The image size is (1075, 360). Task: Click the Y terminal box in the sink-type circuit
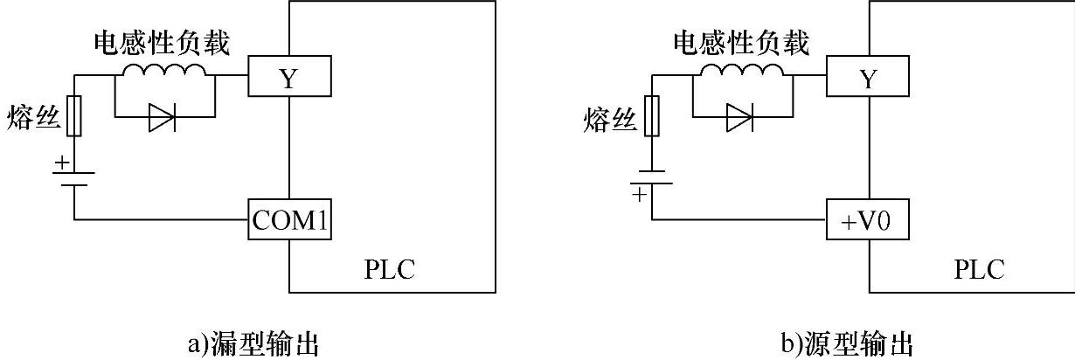[288, 76]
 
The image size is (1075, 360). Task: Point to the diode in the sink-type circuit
[163, 117]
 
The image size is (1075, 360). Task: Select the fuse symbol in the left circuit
[74, 116]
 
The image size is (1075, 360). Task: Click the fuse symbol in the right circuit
[651, 116]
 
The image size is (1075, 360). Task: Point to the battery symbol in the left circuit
[74, 178]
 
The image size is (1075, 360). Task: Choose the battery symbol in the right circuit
[651, 178]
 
